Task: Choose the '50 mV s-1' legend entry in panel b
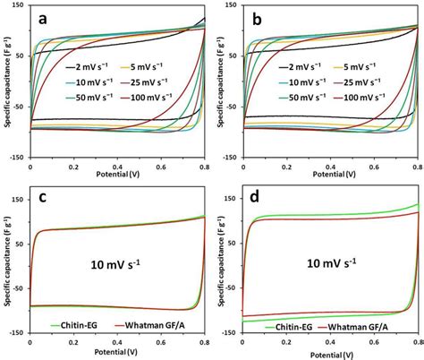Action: (301, 95)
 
